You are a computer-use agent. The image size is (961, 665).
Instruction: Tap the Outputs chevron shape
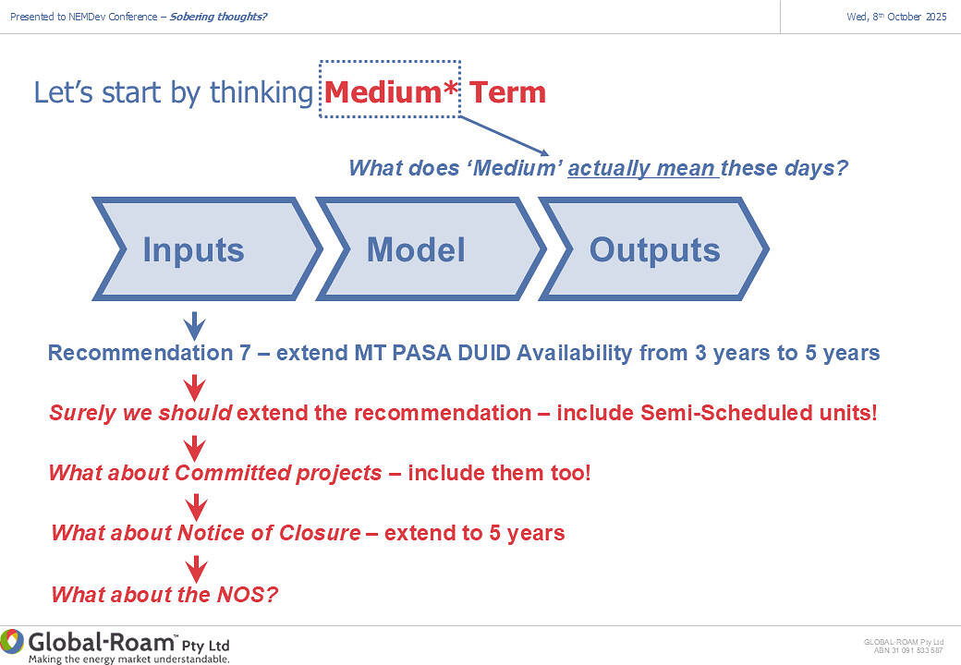[x=654, y=248]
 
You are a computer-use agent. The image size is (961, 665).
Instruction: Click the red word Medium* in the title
[x=390, y=92]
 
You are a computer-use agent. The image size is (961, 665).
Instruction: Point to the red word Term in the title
[x=507, y=92]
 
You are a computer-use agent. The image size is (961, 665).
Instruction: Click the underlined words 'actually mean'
[x=641, y=168]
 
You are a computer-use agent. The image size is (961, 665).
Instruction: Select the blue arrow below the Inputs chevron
[x=194, y=326]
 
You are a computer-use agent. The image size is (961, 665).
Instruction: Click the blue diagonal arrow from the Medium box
[x=504, y=136]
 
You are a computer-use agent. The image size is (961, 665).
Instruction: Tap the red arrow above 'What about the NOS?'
[x=196, y=569]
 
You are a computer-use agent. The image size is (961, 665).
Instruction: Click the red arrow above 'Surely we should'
[x=194, y=388]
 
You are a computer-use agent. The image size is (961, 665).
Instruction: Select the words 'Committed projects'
[x=278, y=473]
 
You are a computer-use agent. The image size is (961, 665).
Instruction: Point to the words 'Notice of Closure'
[x=269, y=533]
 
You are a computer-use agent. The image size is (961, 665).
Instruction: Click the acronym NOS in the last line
[x=241, y=594]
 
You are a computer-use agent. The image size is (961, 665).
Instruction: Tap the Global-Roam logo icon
[x=12, y=641]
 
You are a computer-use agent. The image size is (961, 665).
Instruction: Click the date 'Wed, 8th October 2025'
[x=896, y=17]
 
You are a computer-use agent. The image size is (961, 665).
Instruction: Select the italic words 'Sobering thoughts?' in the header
[x=218, y=17]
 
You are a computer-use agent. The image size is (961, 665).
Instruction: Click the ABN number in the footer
[x=908, y=650]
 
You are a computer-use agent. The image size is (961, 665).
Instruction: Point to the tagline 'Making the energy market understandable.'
[x=129, y=659]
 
